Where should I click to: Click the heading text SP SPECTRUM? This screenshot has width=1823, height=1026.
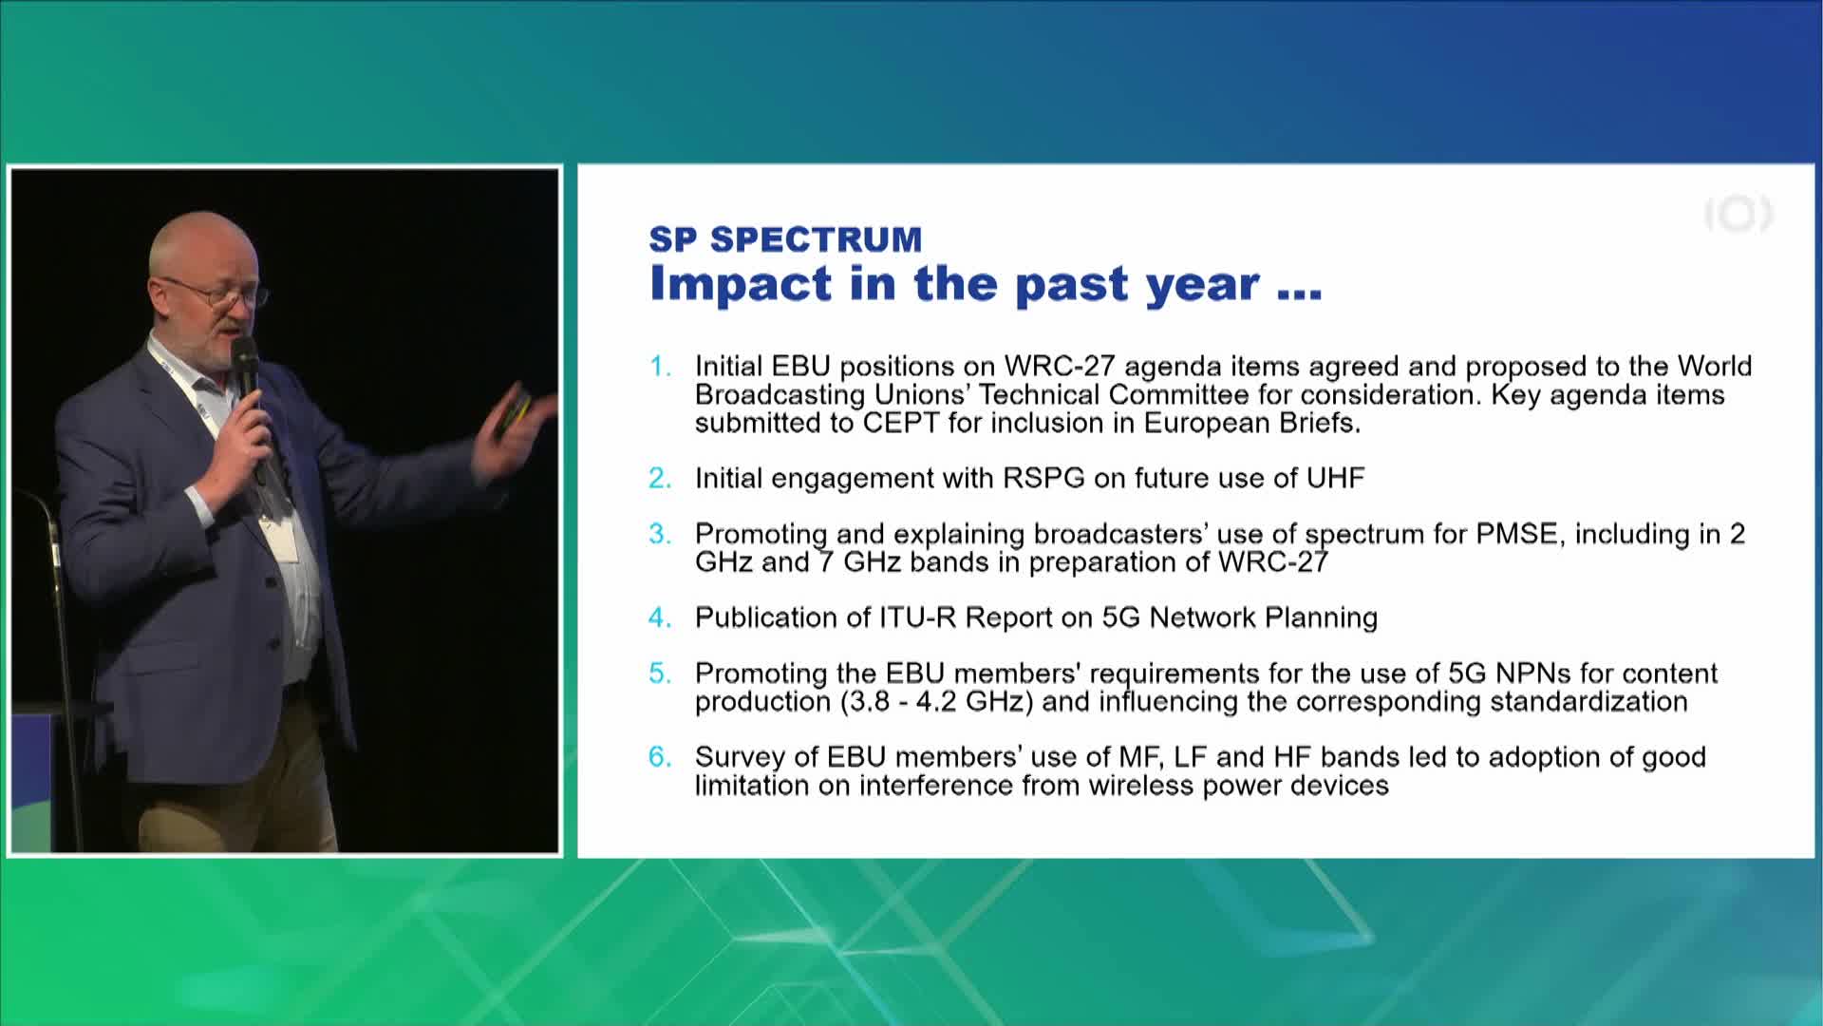coord(785,239)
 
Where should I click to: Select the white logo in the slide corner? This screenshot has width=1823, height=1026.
coord(1738,216)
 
